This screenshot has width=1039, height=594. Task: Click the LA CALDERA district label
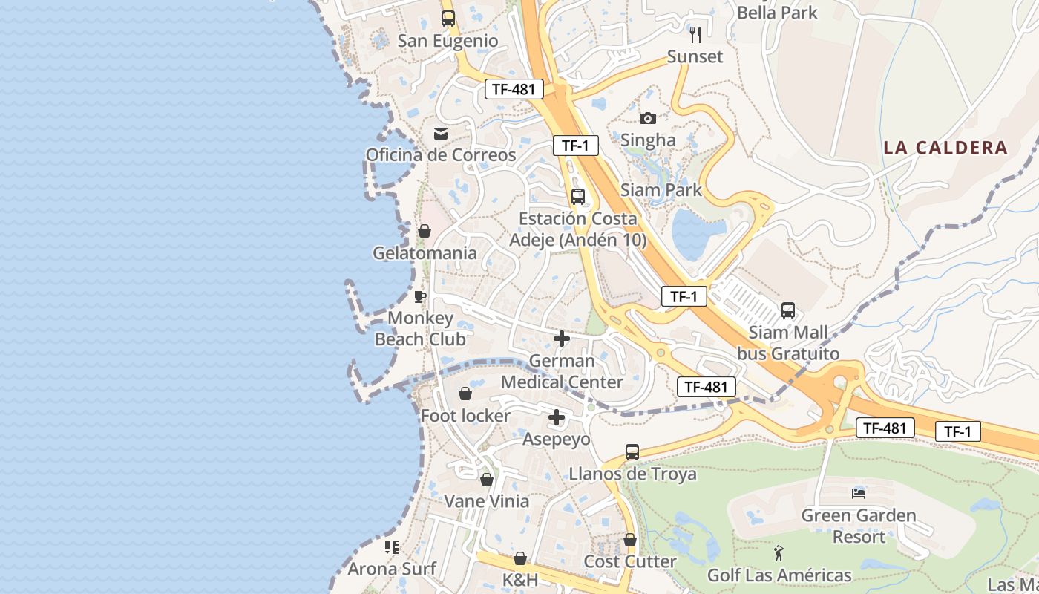(945, 148)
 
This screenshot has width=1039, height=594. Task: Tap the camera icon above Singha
(648, 118)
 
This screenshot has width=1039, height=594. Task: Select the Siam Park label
(661, 190)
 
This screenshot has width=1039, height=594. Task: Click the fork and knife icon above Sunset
(695, 34)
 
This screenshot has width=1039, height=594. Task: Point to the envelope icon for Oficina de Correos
(441, 133)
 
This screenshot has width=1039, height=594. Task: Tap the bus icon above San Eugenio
(448, 19)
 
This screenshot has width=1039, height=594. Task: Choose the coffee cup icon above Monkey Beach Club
(420, 297)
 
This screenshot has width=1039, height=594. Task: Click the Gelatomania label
(425, 253)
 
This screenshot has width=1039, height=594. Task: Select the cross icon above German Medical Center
(562, 339)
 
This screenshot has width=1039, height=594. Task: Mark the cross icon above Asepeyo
(557, 418)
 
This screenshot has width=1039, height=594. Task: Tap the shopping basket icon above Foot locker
(465, 394)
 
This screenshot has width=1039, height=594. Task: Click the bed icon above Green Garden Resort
(859, 493)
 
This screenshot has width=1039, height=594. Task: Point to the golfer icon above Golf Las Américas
(779, 553)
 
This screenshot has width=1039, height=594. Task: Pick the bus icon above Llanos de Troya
(632, 452)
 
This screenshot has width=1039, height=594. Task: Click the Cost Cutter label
(630, 561)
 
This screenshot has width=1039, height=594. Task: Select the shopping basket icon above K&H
(520, 558)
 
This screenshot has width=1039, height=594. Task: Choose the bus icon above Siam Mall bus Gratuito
(788, 310)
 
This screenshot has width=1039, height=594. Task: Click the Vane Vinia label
(487, 501)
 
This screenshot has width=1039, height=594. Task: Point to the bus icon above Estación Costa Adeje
(578, 197)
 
